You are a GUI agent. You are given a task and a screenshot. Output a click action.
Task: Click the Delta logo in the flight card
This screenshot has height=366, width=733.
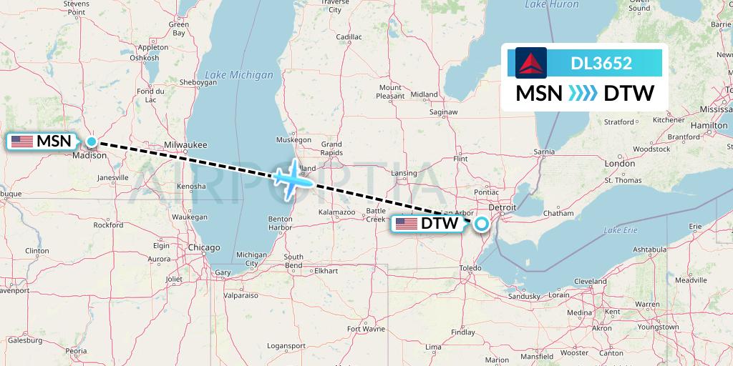(x=530, y=63)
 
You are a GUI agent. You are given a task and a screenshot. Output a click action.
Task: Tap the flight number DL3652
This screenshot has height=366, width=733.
(x=601, y=64)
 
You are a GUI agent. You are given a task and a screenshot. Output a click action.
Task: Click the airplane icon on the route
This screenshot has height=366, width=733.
(x=293, y=179)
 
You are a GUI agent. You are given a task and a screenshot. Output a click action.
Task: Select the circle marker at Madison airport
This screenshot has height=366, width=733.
(x=92, y=142)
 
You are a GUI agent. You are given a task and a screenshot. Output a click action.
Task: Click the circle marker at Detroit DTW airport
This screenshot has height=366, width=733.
(x=482, y=224)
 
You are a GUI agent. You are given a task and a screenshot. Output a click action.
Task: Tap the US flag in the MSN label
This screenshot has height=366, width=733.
(x=22, y=142)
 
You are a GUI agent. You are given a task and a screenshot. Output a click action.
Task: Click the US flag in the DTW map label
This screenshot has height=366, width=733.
(x=407, y=224)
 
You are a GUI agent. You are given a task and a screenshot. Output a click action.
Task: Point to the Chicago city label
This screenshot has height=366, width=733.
(x=204, y=247)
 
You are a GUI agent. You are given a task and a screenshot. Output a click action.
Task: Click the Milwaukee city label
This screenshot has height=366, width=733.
(x=185, y=144)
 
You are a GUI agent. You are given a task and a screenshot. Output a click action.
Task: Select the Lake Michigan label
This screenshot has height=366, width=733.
(x=239, y=74)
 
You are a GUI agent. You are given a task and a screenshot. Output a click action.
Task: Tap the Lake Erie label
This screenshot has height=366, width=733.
(x=620, y=230)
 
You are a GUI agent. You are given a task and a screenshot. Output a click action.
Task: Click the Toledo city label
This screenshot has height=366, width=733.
(x=470, y=268)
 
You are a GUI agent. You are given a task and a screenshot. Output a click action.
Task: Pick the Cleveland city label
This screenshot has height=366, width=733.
(x=590, y=281)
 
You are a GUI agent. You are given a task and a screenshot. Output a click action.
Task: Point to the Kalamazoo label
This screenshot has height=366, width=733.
(x=336, y=212)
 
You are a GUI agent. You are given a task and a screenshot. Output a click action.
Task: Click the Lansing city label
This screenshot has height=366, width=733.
(x=404, y=173)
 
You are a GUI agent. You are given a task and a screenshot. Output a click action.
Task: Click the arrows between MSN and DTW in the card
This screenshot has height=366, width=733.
(x=583, y=94)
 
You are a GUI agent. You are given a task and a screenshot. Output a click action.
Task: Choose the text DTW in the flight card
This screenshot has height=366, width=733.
(x=629, y=94)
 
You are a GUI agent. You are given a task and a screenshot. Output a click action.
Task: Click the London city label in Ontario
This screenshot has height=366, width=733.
(x=619, y=164)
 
